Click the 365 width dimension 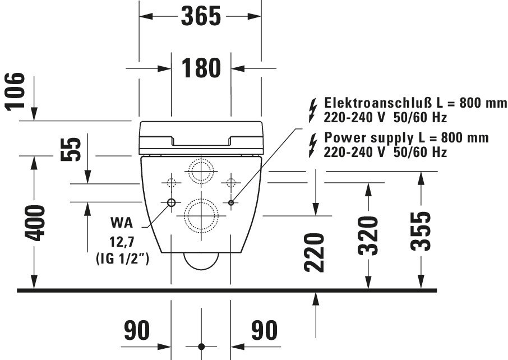tap(201, 16)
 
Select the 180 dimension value tap(201, 68)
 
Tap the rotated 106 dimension tap(15, 92)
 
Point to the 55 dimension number tap(71, 149)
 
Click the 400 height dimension tap(35, 223)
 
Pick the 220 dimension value tap(314, 252)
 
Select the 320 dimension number tap(368, 236)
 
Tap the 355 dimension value tap(421, 231)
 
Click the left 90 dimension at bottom tap(137, 330)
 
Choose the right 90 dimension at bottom tap(264, 330)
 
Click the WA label tap(122, 223)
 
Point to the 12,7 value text tap(122, 242)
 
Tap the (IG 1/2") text tap(122, 259)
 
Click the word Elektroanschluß tap(378, 103)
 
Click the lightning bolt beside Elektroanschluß tap(313, 111)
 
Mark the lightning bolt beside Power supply tap(313, 146)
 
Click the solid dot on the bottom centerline tap(201, 347)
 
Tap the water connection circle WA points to tap(171, 203)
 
